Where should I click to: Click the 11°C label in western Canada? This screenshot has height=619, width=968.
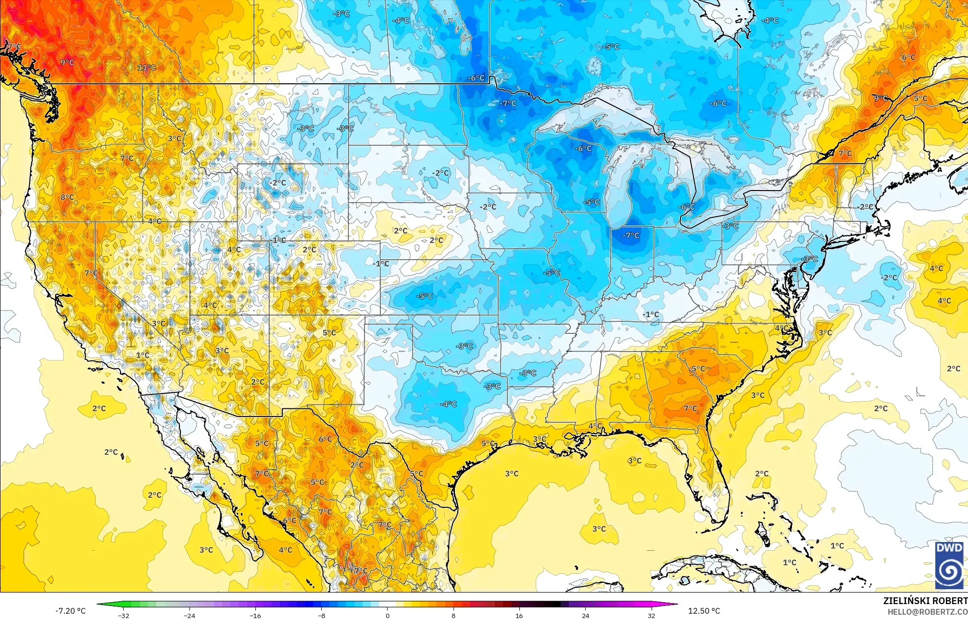pyautogui.click(x=147, y=68)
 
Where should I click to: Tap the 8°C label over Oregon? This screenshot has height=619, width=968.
pyautogui.click(x=67, y=197)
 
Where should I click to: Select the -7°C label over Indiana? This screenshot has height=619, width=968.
pyautogui.click(x=631, y=235)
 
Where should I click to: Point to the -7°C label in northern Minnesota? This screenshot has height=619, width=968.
pyautogui.click(x=508, y=103)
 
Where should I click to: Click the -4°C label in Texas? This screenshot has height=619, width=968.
pyautogui.click(x=448, y=404)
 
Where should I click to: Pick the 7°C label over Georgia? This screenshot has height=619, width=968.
pyautogui.click(x=691, y=408)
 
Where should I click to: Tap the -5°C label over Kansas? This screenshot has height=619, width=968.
pyautogui.click(x=425, y=296)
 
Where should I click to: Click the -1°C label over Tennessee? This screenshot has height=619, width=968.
pyautogui.click(x=651, y=315)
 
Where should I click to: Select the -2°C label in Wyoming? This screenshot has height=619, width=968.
pyautogui.click(x=278, y=183)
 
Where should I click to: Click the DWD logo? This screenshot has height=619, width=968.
pyautogui.click(x=950, y=565)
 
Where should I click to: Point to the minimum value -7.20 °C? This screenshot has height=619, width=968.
pyautogui.click(x=71, y=611)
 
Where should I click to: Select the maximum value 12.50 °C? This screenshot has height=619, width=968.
pyautogui.click(x=704, y=611)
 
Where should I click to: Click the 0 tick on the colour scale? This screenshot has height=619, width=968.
pyautogui.click(x=388, y=615)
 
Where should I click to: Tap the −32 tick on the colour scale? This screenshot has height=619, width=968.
pyautogui.click(x=124, y=615)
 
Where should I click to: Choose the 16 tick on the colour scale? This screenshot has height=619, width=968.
pyautogui.click(x=519, y=615)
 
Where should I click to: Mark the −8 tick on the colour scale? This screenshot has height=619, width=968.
pyautogui.click(x=322, y=615)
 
